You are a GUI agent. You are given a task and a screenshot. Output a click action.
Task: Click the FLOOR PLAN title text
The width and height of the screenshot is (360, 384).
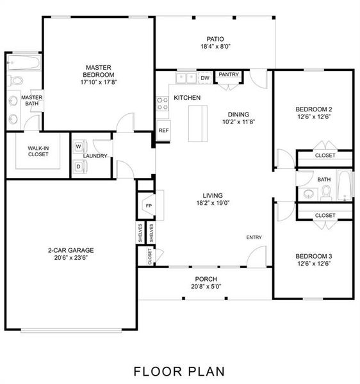coord(179,371)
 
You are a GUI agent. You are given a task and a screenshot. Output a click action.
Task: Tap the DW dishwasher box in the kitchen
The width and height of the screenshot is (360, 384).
coord(205,78)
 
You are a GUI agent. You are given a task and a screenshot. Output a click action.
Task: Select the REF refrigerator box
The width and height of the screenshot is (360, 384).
coord(163,131)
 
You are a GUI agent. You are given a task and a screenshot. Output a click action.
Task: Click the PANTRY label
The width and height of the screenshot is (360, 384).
coord(229,75)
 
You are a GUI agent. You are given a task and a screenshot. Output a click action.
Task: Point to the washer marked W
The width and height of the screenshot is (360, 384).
coord(78,147)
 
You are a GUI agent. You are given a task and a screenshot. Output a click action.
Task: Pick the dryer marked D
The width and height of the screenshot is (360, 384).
coord(78,166)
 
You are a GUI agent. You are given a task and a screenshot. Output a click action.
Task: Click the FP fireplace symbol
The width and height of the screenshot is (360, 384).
coord(149,206)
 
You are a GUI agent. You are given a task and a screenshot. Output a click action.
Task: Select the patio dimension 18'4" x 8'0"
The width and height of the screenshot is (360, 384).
coord(215,46)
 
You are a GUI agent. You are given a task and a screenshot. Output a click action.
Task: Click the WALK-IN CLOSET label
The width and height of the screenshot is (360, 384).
coord(38,151)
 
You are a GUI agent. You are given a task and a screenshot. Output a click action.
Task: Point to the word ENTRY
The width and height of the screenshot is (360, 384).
coord(254,237)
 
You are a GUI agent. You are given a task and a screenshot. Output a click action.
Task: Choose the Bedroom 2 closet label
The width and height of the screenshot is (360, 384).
coord(325,156)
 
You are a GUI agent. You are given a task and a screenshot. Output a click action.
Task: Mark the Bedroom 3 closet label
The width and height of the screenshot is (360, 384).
coord(325,216)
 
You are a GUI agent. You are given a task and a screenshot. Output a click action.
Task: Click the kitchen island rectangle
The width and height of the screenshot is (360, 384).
coord(198,123)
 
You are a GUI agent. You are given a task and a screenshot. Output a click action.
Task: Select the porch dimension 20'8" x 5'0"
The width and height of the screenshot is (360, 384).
coord(206,287)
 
